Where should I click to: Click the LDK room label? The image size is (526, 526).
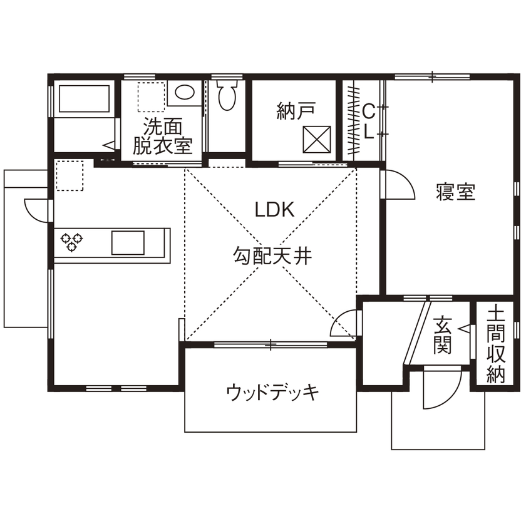pos(274,210)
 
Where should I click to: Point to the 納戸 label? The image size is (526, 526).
pos(295,111)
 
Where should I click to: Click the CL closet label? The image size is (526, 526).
pos(369,121)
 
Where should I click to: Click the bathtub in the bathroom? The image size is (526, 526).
pos(83,99)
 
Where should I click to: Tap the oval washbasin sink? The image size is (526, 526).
pos(185,93)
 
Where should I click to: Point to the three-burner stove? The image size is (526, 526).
pos(71,242)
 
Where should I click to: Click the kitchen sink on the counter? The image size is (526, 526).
pos(128,241)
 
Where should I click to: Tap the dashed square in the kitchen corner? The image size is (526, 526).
pos(70,174)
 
